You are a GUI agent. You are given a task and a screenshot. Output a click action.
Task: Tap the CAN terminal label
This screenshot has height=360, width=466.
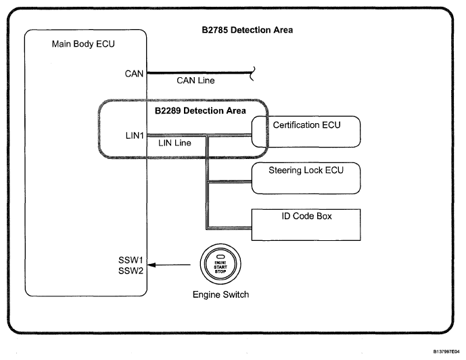coord(134,73)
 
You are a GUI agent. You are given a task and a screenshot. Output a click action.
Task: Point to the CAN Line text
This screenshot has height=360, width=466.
coord(195,81)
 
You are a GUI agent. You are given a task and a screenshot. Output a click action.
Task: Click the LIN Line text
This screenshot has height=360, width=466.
coord(174,143)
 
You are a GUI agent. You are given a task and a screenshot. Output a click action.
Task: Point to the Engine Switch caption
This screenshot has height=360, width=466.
coord(220,295)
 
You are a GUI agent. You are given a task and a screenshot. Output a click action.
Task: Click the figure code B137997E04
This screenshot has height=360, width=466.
coord(439,351)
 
